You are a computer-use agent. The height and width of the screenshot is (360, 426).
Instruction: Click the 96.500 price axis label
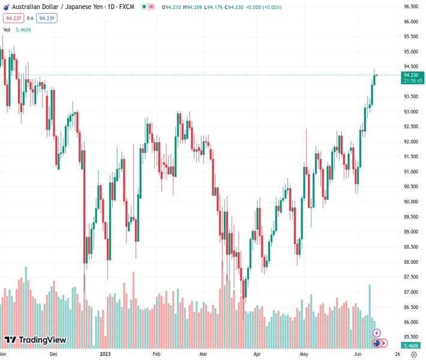(410, 7)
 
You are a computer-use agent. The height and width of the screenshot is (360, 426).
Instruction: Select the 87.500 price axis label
(410, 277)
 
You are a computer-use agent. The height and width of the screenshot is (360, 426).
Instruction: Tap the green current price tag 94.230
(412, 75)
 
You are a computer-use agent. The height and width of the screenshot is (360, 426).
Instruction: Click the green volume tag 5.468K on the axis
(412, 346)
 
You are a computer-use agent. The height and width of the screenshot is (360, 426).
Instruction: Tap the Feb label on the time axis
(157, 354)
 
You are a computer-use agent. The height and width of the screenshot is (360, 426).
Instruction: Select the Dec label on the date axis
(53, 354)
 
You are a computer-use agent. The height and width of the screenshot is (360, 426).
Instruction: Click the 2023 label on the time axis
(106, 354)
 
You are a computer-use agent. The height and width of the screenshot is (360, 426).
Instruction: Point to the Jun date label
(358, 354)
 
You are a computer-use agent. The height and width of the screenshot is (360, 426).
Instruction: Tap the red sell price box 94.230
(13, 18)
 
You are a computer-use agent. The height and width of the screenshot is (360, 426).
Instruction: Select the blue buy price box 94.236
(46, 18)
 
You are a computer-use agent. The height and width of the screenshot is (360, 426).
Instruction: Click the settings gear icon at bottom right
(413, 354)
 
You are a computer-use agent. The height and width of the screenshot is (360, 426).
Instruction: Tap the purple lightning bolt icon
(376, 333)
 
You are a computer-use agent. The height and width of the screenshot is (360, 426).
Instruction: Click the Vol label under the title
(7, 29)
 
